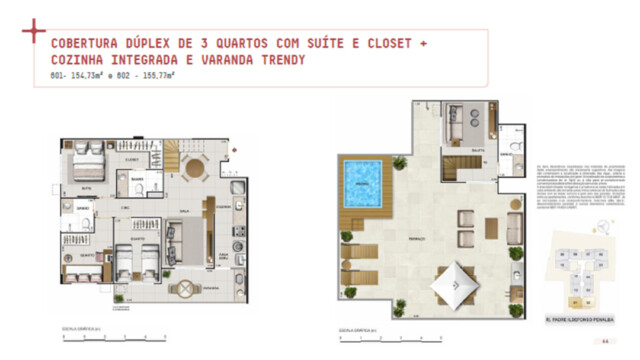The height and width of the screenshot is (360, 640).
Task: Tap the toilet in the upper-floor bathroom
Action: (515, 146)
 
